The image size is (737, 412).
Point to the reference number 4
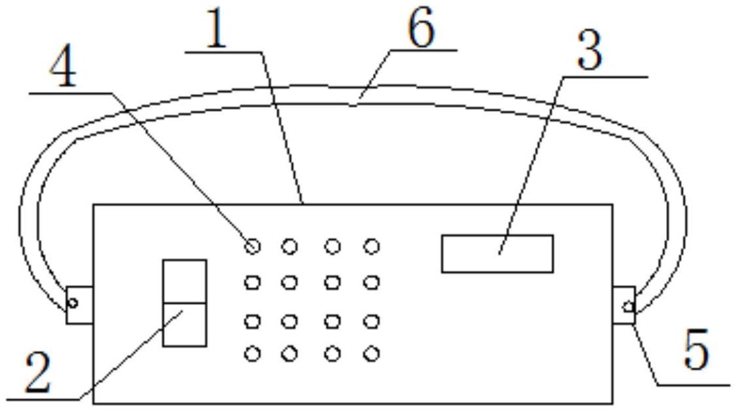[63, 69]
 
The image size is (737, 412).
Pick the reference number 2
[37, 373]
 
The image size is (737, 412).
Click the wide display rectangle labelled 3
[497, 253]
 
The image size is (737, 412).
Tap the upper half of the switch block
[184, 281]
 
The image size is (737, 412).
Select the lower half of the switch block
[184, 325]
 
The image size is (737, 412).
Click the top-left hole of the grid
[253, 246]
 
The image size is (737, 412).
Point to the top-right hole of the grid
[371, 246]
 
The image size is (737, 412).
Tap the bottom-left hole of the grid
[253, 354]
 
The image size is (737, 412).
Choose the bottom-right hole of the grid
[371, 354]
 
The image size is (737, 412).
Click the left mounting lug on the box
[79, 304]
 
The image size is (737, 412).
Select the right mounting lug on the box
[624, 305]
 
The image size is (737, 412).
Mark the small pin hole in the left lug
[73, 303]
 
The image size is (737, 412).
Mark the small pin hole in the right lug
[628, 306]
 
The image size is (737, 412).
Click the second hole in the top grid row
[289, 246]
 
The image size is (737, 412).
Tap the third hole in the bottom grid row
[333, 354]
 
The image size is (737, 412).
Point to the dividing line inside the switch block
[184, 303]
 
